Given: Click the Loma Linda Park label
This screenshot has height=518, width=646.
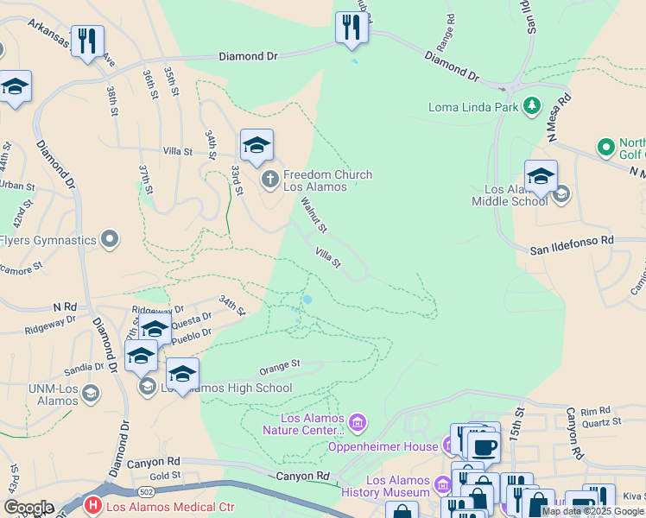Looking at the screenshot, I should pyautogui.click(x=472, y=107).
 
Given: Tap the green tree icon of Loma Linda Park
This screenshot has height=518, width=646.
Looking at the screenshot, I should pyautogui.click(x=530, y=107).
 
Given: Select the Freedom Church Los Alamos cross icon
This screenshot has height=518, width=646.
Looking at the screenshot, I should pyautogui.click(x=269, y=180).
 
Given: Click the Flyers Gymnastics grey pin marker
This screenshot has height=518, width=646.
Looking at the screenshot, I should pyautogui.click(x=110, y=238).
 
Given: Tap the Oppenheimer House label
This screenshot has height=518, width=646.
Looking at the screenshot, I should pyautogui.click(x=383, y=446).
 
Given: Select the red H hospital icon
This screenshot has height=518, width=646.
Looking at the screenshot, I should pyautogui.click(x=92, y=504).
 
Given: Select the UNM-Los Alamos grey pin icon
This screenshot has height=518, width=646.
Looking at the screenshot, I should pyautogui.click(x=90, y=394).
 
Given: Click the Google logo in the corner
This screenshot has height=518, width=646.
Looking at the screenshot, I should pyautogui.click(x=28, y=508).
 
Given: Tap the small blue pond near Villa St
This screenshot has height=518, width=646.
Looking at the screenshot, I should pyautogui.click(x=307, y=300).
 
